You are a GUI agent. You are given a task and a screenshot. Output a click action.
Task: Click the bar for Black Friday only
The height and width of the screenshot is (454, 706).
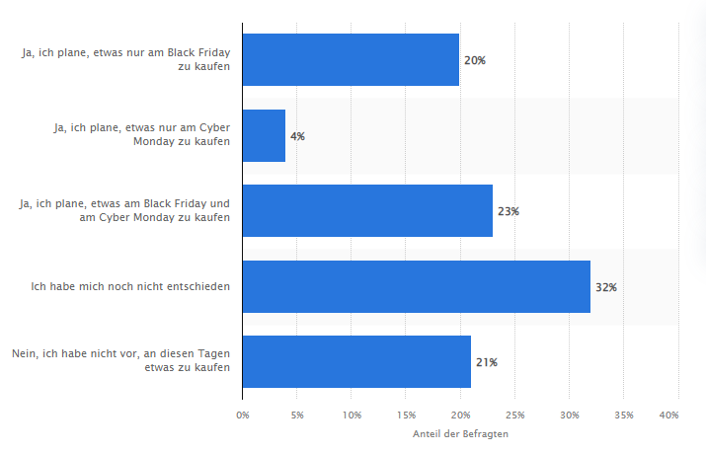tap(351, 59)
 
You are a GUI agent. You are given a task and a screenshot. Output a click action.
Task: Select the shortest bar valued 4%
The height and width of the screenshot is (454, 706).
tap(264, 135)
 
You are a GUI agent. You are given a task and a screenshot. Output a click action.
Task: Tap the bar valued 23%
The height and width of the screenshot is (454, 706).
tap(367, 211)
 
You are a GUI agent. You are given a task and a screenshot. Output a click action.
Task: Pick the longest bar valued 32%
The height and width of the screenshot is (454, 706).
tap(416, 286)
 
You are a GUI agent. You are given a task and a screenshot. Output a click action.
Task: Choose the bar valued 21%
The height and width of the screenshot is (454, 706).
tap(356, 362)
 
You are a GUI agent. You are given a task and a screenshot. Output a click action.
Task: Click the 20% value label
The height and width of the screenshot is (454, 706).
tap(474, 60)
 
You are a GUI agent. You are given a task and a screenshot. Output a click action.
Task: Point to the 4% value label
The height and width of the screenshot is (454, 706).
tap(297, 136)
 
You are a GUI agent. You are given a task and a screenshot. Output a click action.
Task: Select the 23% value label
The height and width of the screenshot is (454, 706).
tap(508, 211)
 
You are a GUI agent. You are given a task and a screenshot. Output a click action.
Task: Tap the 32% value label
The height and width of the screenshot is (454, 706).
tap(605, 287)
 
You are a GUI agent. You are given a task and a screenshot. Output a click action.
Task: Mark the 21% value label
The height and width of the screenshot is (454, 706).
tap(486, 362)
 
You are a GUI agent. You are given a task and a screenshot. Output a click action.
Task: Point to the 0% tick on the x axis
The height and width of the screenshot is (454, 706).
tap(243, 416)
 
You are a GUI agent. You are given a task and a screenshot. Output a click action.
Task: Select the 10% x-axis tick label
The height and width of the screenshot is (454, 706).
tap(352, 416)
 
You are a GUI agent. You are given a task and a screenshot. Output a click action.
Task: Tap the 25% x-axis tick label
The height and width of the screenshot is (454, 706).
tap(515, 416)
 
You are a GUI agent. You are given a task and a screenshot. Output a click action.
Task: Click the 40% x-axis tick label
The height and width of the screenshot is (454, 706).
tap(668, 416)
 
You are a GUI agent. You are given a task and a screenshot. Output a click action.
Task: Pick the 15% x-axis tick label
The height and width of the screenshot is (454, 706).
tap(406, 416)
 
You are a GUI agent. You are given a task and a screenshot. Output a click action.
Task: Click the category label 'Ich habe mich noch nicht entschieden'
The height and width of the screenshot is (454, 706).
tap(130, 287)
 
